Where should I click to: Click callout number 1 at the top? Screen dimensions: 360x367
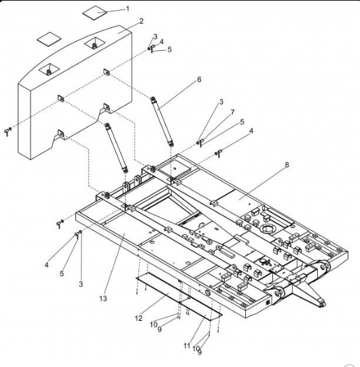[x=128, y=9]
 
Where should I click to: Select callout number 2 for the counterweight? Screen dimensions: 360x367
[x=141, y=21]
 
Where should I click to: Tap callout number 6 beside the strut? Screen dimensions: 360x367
[x=199, y=79]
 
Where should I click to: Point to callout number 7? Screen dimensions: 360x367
[x=232, y=113]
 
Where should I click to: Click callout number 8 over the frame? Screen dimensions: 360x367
[x=287, y=165]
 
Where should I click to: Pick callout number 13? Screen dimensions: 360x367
[x=103, y=298]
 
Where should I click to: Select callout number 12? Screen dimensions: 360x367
[x=139, y=318]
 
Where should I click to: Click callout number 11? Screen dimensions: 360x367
[x=187, y=346]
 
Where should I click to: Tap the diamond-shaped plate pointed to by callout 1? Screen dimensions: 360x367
[x=94, y=13]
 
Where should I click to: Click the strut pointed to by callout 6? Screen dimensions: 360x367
[x=162, y=121]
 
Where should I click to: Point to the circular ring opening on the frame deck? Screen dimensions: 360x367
[x=268, y=228]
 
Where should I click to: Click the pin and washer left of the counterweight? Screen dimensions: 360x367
[x=7, y=132]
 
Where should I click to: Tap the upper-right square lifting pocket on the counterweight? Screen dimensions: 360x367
[x=94, y=43]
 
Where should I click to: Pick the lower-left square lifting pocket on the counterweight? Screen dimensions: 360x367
[x=49, y=69]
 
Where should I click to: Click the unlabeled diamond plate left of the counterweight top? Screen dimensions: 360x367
[x=49, y=39]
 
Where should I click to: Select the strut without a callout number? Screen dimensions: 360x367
[x=116, y=148]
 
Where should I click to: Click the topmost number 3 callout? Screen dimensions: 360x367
[x=155, y=37]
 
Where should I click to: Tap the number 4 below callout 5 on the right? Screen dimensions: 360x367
[x=251, y=131]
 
